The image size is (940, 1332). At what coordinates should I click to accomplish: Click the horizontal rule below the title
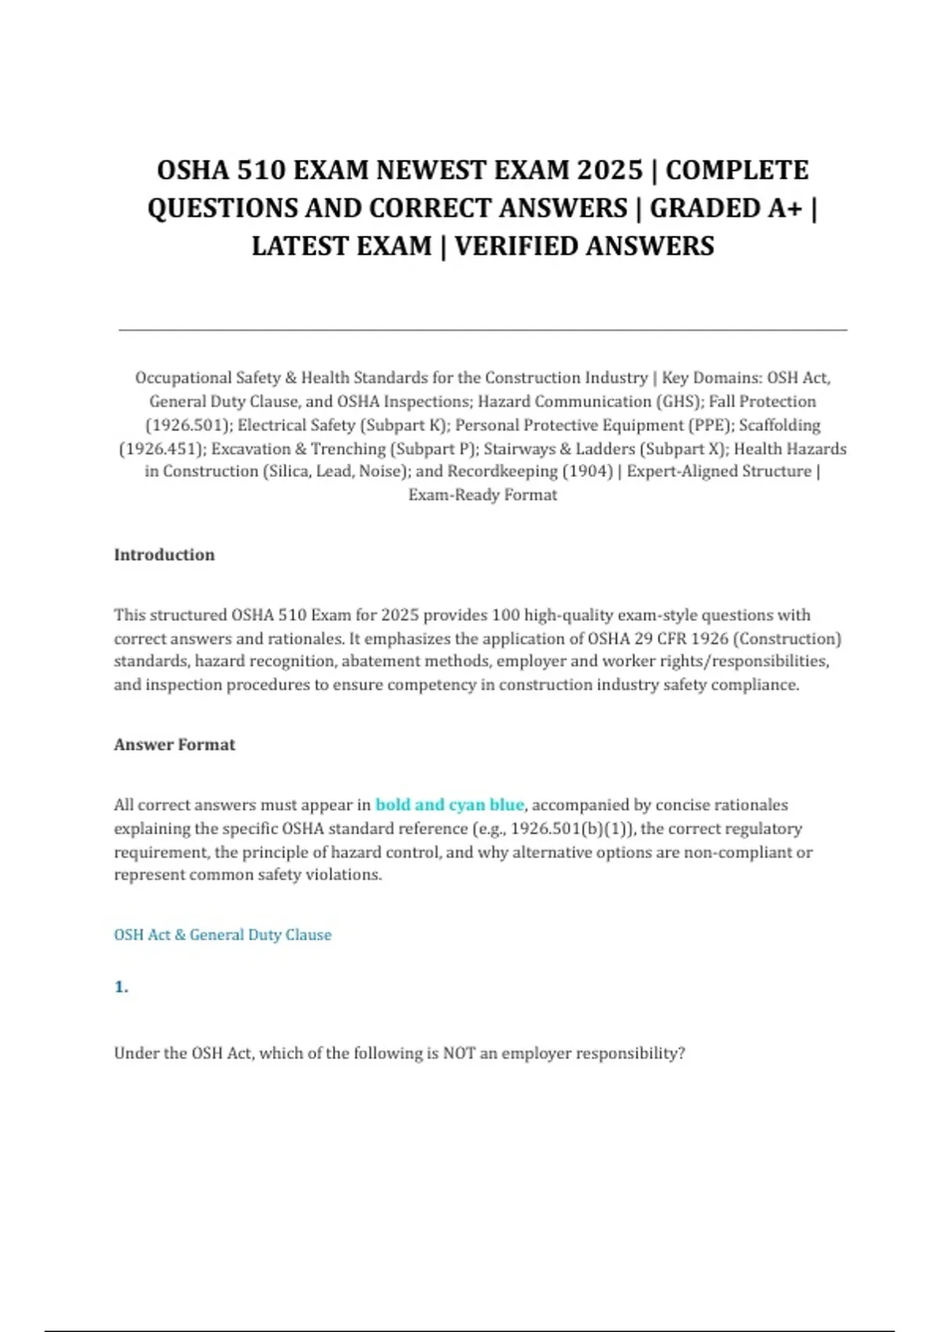click(483, 331)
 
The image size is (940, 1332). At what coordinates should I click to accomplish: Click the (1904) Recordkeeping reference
click(587, 472)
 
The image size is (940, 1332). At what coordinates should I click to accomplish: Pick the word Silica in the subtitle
click(287, 472)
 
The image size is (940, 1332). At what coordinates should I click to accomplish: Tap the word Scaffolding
click(779, 425)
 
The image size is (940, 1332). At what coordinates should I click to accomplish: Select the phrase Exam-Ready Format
click(483, 495)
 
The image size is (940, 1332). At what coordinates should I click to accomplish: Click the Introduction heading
click(164, 555)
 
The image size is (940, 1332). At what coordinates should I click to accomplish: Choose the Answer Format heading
click(175, 744)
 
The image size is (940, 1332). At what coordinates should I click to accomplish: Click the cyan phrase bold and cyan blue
click(450, 805)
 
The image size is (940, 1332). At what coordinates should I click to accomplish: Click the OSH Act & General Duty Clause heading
click(222, 935)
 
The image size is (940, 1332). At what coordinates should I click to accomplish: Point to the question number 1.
click(121, 987)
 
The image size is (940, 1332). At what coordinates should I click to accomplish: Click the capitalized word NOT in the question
click(459, 1054)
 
